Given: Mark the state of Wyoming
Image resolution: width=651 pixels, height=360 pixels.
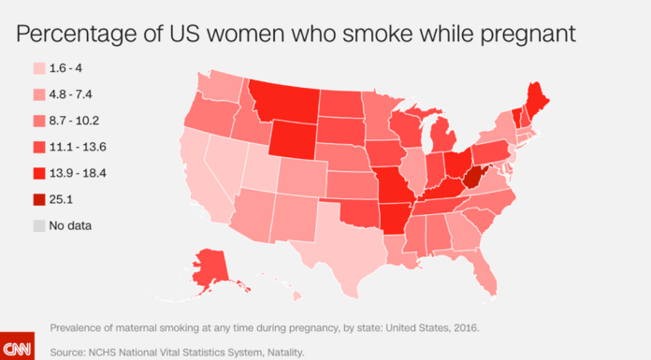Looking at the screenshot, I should pyautogui.click(x=294, y=139).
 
